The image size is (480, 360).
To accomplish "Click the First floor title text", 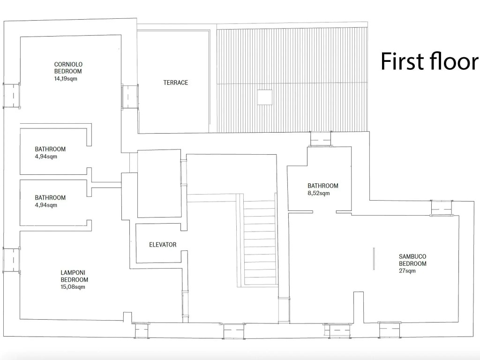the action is tap(429, 61).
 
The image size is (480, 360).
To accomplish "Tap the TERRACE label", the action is tap(175, 82).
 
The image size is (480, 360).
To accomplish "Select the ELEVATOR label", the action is tap(163, 245).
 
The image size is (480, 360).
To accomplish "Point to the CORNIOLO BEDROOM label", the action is tap(68, 67).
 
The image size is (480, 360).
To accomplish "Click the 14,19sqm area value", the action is tap(66, 79).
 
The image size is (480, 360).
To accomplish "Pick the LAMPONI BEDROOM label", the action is tap(75, 276).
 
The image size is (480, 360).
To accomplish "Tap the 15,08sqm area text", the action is tap(73, 287).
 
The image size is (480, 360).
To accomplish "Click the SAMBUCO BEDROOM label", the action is tap(412, 260).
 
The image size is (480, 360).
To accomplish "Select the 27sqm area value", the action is tap(407, 271).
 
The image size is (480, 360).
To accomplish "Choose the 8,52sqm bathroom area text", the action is tap(319, 194).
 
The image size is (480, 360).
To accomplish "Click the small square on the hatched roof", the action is tap(264, 97).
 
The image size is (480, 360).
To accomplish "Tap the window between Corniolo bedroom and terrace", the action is tap(130, 96).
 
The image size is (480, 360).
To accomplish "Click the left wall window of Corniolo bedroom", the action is tap(12, 95).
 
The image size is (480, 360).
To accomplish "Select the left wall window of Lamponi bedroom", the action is tap(12, 260).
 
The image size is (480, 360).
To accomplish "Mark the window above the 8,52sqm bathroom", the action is tap(321, 139).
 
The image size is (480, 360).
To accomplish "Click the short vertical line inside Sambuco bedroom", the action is tap(374, 259).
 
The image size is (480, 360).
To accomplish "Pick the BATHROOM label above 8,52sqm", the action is tap(322, 186).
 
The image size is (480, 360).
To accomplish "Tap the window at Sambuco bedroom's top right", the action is tap(442, 208).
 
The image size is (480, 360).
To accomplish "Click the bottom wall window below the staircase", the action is tap(234, 330).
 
